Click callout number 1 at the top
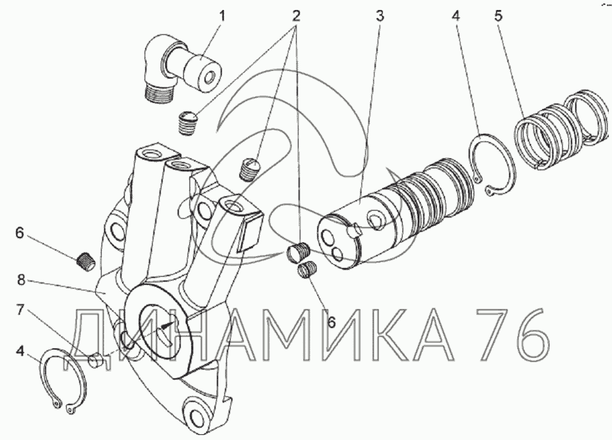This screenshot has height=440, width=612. [222, 17]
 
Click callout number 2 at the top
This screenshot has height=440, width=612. [296, 16]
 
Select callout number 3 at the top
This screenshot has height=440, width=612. [380, 16]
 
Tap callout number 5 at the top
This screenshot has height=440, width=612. [498, 16]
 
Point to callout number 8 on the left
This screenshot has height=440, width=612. [21, 280]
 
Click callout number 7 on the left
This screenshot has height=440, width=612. [21, 310]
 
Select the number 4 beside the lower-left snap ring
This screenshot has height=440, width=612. [20, 352]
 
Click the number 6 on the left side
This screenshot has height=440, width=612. [19, 233]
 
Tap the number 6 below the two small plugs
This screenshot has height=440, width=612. [332, 322]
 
